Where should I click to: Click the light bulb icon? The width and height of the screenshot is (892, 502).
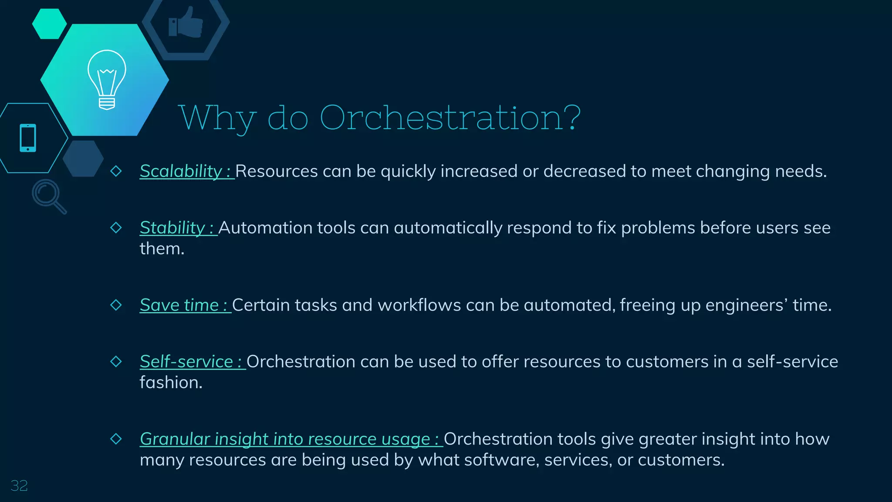[107, 79]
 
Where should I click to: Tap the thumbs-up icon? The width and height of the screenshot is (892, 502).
[186, 23]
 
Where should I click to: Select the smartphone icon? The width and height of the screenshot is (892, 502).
[28, 138]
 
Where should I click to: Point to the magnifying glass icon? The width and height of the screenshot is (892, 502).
[48, 196]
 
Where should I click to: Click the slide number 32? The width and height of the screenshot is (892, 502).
[19, 485]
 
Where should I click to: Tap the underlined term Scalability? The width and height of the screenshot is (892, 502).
[181, 171]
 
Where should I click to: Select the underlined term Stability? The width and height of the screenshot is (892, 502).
[172, 228]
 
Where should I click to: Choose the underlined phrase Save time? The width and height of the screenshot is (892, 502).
[179, 305]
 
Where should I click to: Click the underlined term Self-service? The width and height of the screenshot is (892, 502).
[186, 362]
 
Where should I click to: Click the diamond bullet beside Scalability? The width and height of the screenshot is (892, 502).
[116, 171]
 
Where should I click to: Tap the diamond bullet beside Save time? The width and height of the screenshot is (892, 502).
[116, 305]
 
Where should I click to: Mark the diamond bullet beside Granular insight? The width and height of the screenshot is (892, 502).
[116, 438]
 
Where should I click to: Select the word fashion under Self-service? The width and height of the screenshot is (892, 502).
[170, 383]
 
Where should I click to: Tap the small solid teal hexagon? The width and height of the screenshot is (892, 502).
[49, 24]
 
